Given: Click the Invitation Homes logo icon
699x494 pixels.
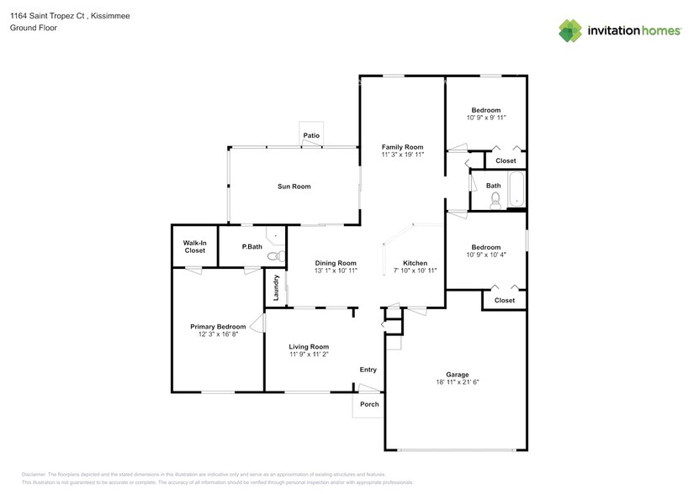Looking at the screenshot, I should tap(571, 30).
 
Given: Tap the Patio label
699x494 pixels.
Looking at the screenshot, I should tap(311, 135).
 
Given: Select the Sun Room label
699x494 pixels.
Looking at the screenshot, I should tap(294, 187).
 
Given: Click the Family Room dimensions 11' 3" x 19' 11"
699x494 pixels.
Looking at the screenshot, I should tap(402, 155).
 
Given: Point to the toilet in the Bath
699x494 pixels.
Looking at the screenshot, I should tap(495, 199).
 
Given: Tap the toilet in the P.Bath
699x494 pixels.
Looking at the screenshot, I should tap(273, 256).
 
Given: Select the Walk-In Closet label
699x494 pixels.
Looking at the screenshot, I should tap(194, 246).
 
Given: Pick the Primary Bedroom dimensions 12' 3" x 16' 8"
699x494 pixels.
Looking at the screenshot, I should tap(218, 334).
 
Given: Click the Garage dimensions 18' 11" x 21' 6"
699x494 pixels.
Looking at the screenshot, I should tap(457, 382).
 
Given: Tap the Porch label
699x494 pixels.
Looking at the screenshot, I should tap(369, 404).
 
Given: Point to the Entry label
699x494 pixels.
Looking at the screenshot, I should tap(368, 370).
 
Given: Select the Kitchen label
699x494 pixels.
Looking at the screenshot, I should tap(416, 262).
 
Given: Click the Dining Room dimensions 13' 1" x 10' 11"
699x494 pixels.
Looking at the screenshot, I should tap(336, 271).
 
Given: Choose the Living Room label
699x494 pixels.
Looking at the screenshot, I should tap(309, 346).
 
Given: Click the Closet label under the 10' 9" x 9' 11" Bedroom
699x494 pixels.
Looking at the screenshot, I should tap(506, 160).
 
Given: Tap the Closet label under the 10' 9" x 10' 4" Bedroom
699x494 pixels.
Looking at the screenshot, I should tap(505, 300).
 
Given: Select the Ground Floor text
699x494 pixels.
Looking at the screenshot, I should tap(32, 28).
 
